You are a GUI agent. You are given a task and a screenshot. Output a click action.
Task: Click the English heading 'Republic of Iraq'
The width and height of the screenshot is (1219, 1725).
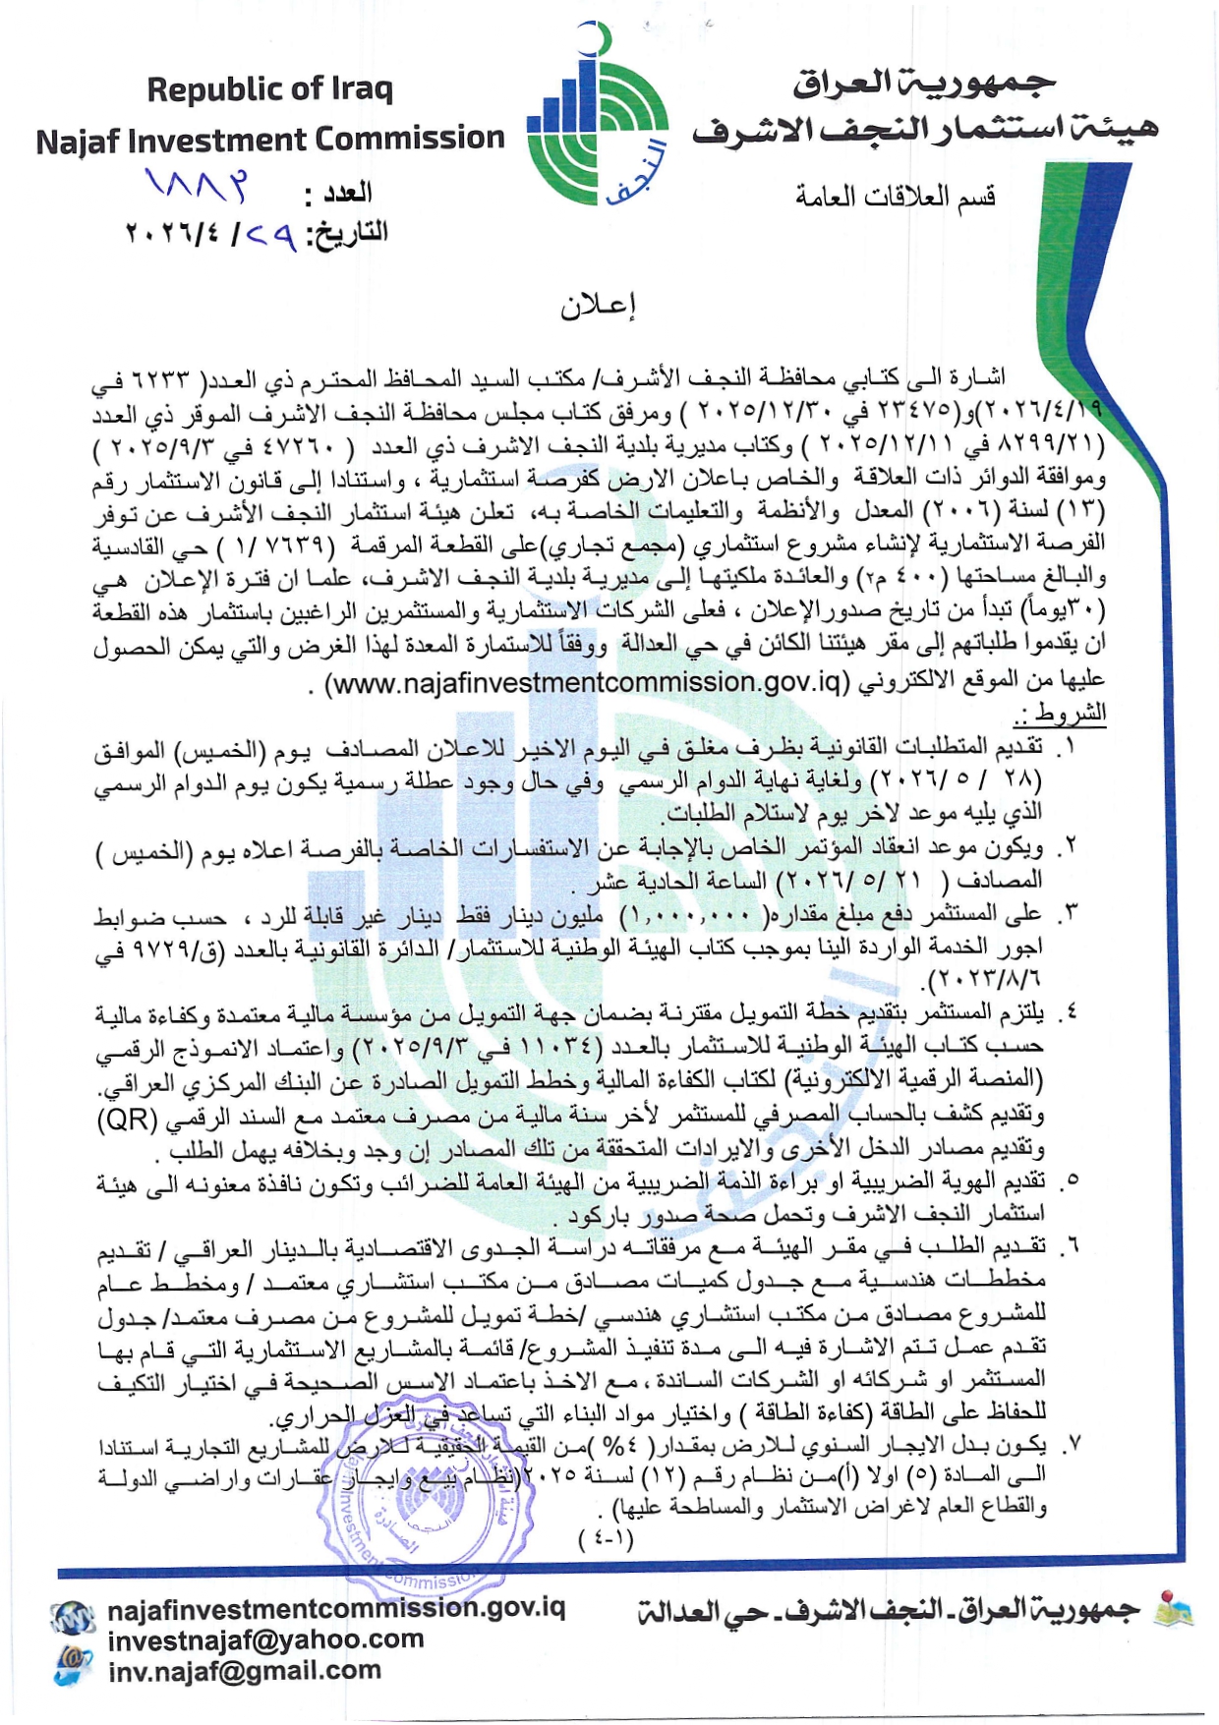click(x=269, y=89)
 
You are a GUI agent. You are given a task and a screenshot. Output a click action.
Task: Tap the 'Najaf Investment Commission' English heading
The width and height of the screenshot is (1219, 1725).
click(x=270, y=140)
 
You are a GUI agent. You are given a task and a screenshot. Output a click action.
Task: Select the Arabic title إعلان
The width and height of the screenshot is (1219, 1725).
click(x=598, y=307)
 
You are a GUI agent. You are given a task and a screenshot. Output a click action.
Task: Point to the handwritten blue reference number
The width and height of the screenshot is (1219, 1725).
click(x=197, y=184)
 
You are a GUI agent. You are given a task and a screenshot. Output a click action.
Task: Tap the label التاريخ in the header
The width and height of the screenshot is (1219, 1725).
click(x=348, y=234)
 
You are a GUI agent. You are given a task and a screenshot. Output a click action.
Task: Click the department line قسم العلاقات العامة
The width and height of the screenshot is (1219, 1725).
click(x=896, y=197)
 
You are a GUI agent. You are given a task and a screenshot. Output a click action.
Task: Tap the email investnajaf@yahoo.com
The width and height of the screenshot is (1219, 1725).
click(x=265, y=1639)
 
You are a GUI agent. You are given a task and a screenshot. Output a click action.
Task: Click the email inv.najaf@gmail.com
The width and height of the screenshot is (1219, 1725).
click(x=244, y=1670)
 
